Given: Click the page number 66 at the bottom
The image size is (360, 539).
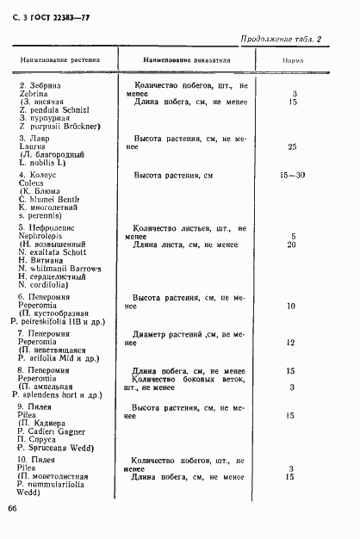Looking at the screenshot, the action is [13, 510].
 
